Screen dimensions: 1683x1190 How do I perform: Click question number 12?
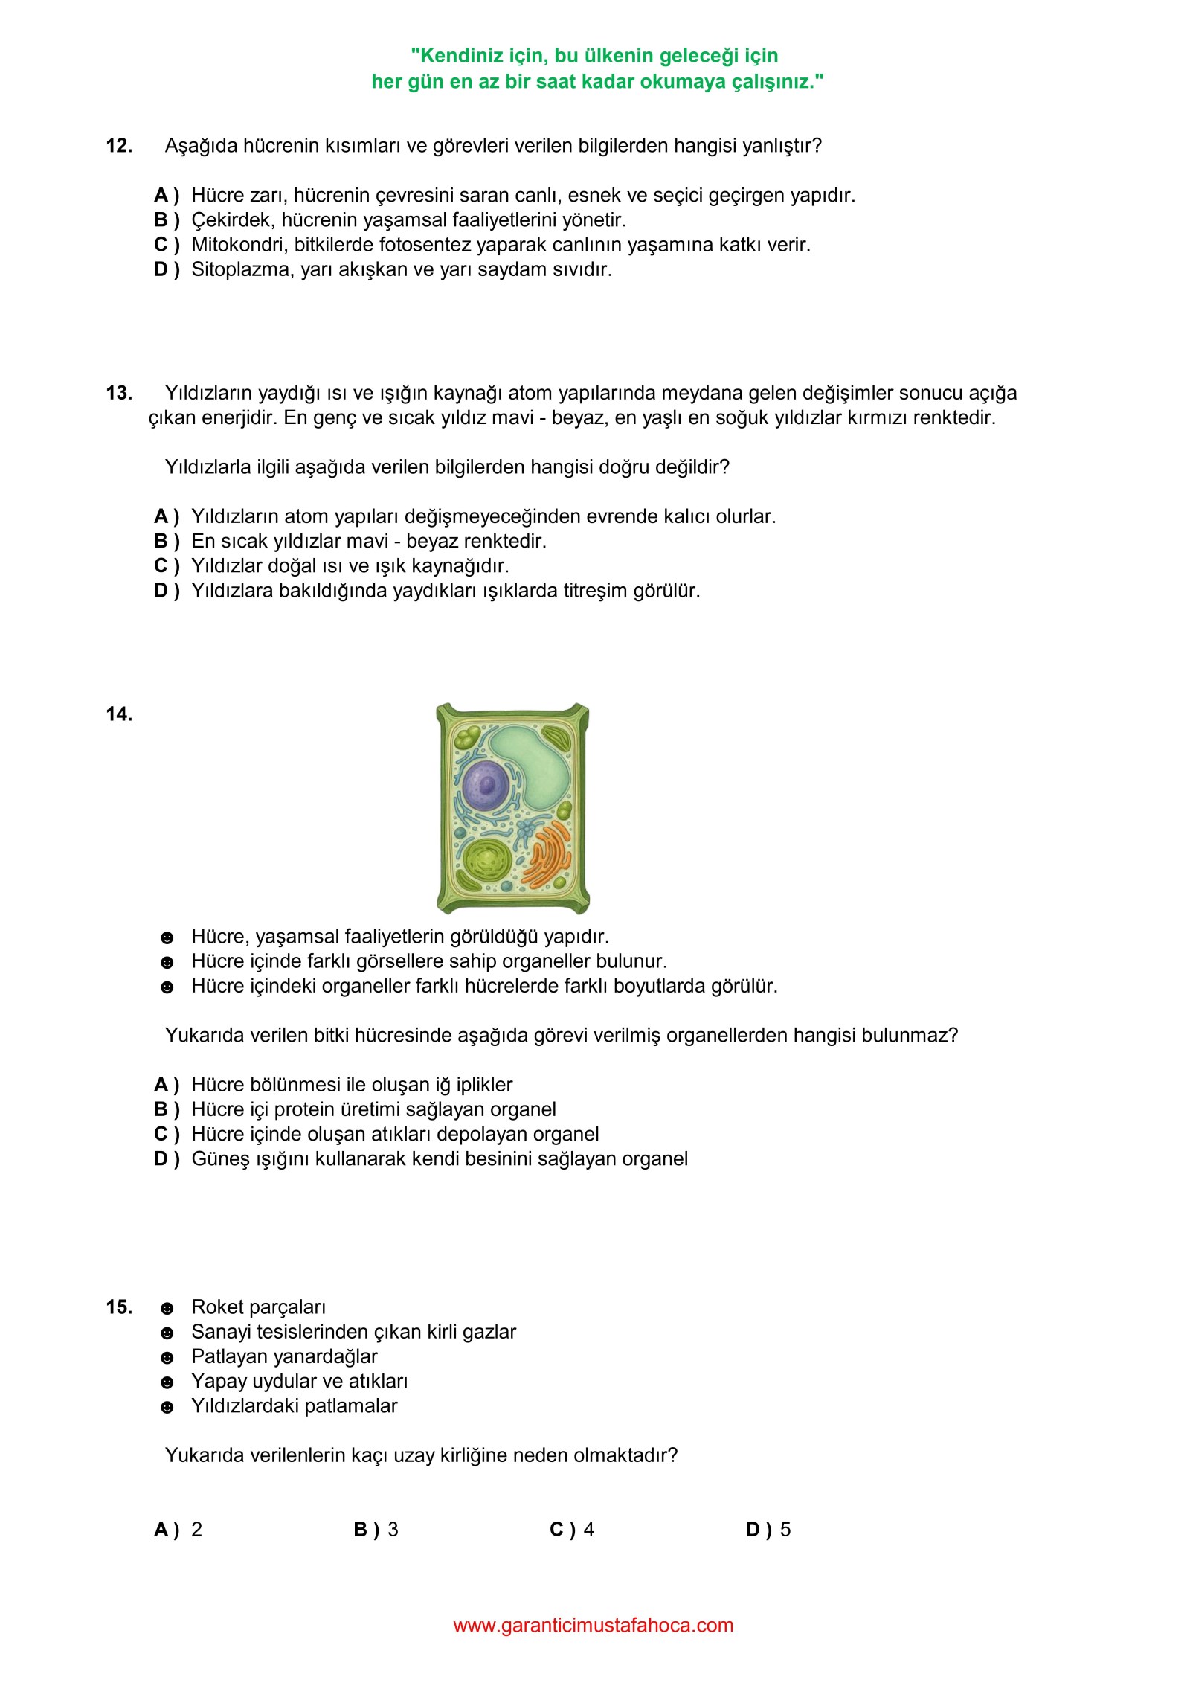119,146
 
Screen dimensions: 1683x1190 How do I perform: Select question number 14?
119,714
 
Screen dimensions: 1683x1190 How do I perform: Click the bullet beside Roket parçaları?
167,1308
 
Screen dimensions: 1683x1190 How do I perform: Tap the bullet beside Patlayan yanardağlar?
167,1358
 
